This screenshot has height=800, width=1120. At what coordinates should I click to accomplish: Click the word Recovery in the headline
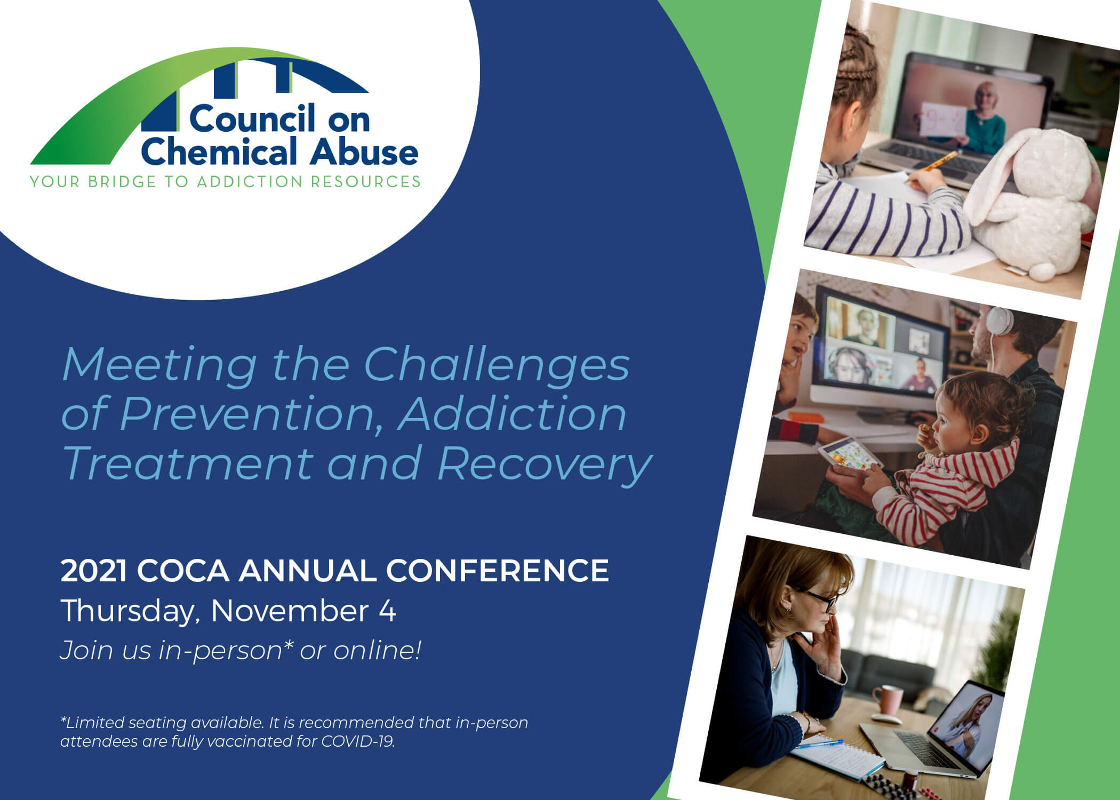pos(545,465)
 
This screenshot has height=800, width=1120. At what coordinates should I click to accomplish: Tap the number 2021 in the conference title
pos(94,571)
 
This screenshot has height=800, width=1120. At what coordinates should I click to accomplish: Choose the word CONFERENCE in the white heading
pos(497,571)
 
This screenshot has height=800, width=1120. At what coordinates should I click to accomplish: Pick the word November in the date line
pos(290,611)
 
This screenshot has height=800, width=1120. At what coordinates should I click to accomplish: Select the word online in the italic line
pos(377,650)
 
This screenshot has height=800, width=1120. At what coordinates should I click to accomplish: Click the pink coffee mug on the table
pos(886,699)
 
